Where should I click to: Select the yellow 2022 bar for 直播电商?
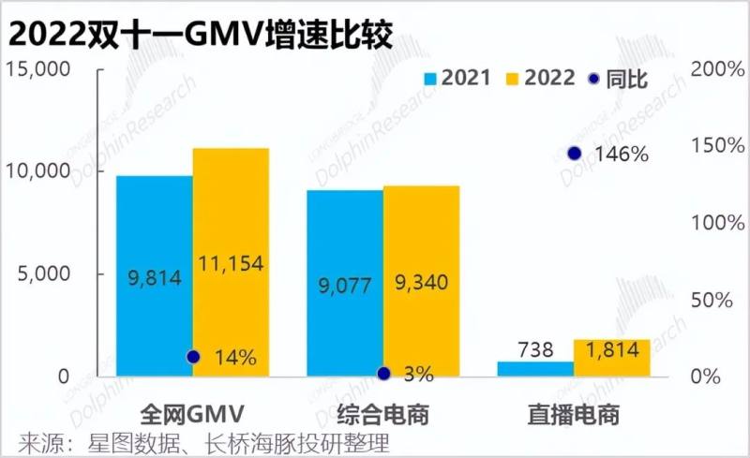tap(611, 357)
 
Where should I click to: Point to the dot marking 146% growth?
tap(575, 154)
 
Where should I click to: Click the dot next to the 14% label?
tap(193, 357)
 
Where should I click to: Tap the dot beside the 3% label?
tap(383, 374)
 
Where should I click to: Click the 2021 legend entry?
tap(457, 79)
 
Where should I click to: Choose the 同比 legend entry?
tap(619, 79)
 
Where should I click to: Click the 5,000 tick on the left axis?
tap(43, 273)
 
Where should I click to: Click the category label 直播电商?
tap(574, 413)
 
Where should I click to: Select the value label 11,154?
tap(232, 264)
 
